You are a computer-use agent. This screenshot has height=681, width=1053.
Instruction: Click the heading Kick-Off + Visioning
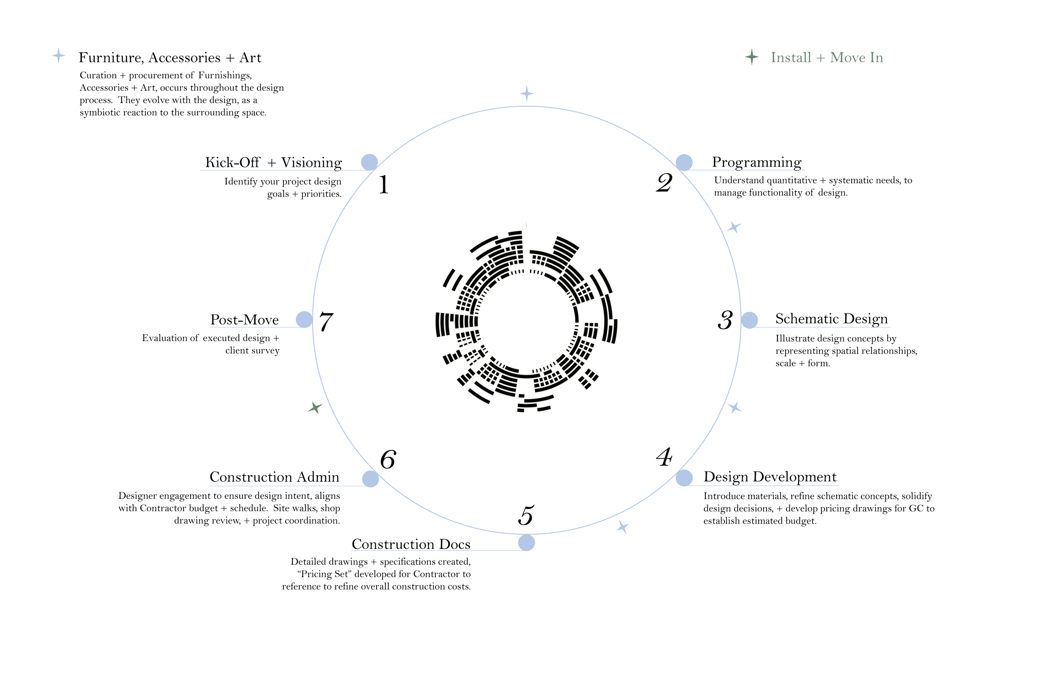[273, 163]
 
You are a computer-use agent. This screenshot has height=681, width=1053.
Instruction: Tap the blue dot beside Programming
[684, 163]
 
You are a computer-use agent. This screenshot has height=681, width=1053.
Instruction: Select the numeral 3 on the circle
[725, 320]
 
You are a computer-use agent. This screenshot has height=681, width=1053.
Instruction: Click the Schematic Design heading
[831, 319]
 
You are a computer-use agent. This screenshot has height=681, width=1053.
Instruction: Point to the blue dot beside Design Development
[684, 478]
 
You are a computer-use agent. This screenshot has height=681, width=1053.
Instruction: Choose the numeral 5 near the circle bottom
[526, 516]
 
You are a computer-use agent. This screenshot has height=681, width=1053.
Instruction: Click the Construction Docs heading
[411, 544]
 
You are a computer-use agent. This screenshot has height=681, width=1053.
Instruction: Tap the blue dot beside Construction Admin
[370, 479]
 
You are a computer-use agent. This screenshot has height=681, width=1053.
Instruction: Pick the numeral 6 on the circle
[388, 460]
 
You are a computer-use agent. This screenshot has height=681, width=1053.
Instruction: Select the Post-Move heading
[244, 320]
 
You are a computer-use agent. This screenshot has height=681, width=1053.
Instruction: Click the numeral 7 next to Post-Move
[326, 322]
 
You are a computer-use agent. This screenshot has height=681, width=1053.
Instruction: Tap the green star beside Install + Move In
[752, 57]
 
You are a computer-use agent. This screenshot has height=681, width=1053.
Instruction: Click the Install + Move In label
[826, 58]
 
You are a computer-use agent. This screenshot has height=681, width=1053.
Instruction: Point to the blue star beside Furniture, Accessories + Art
[59, 56]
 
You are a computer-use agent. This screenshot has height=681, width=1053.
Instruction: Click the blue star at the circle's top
[526, 94]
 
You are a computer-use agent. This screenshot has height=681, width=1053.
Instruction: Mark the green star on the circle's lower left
[315, 407]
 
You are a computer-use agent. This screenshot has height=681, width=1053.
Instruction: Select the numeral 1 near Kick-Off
[384, 184]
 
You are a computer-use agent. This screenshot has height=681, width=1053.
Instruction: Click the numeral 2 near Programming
[664, 183]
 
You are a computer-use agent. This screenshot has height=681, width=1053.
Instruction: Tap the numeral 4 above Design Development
[664, 457]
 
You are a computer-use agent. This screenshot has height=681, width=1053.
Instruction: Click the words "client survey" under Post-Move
[252, 351]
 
